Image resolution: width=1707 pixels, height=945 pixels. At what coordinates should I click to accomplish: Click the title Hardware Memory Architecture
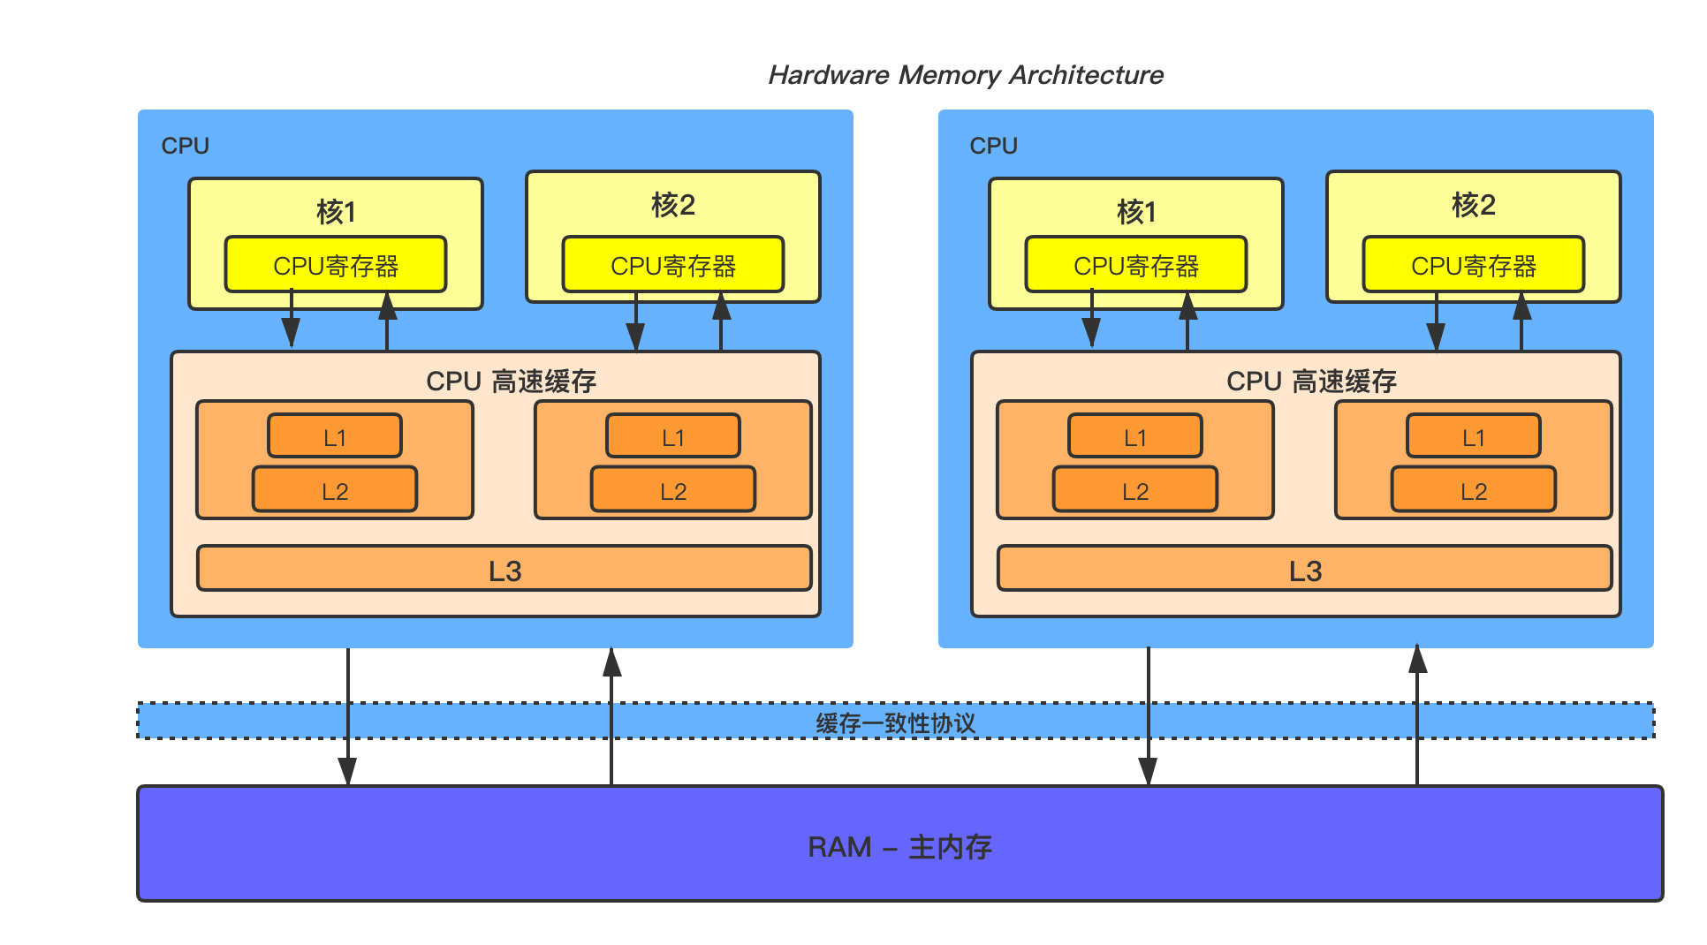965,75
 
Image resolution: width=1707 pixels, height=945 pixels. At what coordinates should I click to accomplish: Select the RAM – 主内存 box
899,845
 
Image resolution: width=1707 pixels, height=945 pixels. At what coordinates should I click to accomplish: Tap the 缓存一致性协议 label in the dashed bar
895,723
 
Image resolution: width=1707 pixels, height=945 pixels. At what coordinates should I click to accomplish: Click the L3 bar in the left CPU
505,570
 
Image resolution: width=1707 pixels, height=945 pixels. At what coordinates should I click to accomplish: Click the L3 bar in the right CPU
1305,570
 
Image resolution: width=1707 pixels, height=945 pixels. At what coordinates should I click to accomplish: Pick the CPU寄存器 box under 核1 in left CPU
336,265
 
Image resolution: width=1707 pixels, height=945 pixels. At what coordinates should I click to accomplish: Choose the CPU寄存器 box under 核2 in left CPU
673,265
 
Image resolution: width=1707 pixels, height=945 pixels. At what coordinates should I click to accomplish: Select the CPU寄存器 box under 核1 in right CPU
1136,265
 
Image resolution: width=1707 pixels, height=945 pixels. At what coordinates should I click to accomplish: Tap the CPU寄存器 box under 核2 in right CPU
1474,265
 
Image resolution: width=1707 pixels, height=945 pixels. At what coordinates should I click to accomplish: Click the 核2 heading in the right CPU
1474,205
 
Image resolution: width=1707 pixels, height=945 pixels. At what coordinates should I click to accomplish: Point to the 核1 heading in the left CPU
336,212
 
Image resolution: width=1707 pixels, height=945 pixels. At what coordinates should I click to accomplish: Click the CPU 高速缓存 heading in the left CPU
511,381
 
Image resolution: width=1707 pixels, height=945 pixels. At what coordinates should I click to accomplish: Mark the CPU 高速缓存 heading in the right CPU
1311,381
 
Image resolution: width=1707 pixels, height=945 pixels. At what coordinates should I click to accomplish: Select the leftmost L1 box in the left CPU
335,436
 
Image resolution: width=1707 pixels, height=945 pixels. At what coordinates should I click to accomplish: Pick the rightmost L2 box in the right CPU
1474,490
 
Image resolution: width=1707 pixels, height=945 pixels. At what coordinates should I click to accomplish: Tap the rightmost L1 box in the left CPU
673,436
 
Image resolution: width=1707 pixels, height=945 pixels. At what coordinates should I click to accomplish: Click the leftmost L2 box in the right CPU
1135,490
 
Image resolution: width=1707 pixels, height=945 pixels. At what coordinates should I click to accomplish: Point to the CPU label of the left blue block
185,146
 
